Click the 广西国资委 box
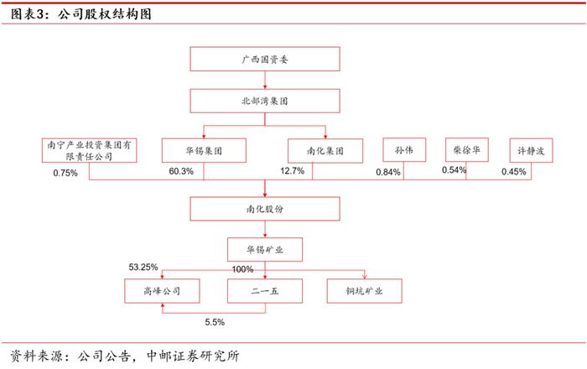click(265, 59)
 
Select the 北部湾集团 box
click(265, 101)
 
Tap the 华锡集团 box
click(204, 150)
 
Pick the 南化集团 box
click(325, 151)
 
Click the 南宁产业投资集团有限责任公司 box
click(89, 150)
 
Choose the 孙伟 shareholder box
click(404, 149)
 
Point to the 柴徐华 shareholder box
click(467, 149)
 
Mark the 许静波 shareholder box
click(531, 150)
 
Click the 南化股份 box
click(265, 209)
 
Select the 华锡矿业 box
click(265, 250)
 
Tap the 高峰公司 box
click(162, 291)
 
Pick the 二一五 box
click(265, 291)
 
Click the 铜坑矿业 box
click(365, 291)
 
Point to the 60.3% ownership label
click(181, 171)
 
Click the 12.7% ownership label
click(293, 171)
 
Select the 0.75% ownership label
click(65, 173)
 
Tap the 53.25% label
click(143, 268)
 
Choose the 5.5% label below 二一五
click(215, 322)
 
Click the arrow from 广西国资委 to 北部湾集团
click(265, 80)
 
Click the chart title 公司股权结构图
click(105, 14)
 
